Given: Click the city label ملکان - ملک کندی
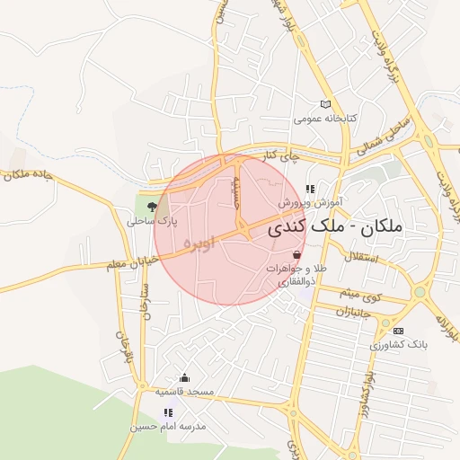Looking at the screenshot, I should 347,229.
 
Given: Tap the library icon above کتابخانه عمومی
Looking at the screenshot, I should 326,104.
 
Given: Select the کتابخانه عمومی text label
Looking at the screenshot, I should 326,119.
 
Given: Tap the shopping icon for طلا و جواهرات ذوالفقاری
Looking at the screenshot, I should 296,255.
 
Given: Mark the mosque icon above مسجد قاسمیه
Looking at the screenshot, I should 185,377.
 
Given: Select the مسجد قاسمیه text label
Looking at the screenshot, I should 183,392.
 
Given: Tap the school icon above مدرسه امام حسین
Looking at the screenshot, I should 168,412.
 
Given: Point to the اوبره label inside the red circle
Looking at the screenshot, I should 199,243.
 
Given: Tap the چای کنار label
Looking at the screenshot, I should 279,156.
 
